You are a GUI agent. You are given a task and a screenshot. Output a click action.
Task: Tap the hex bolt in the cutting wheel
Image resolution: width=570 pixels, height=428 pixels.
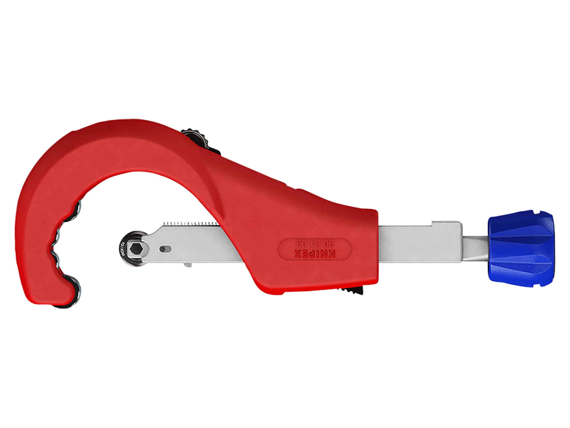click(135, 249)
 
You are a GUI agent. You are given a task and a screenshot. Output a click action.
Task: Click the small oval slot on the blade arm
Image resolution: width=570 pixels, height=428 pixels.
click(165, 249)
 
